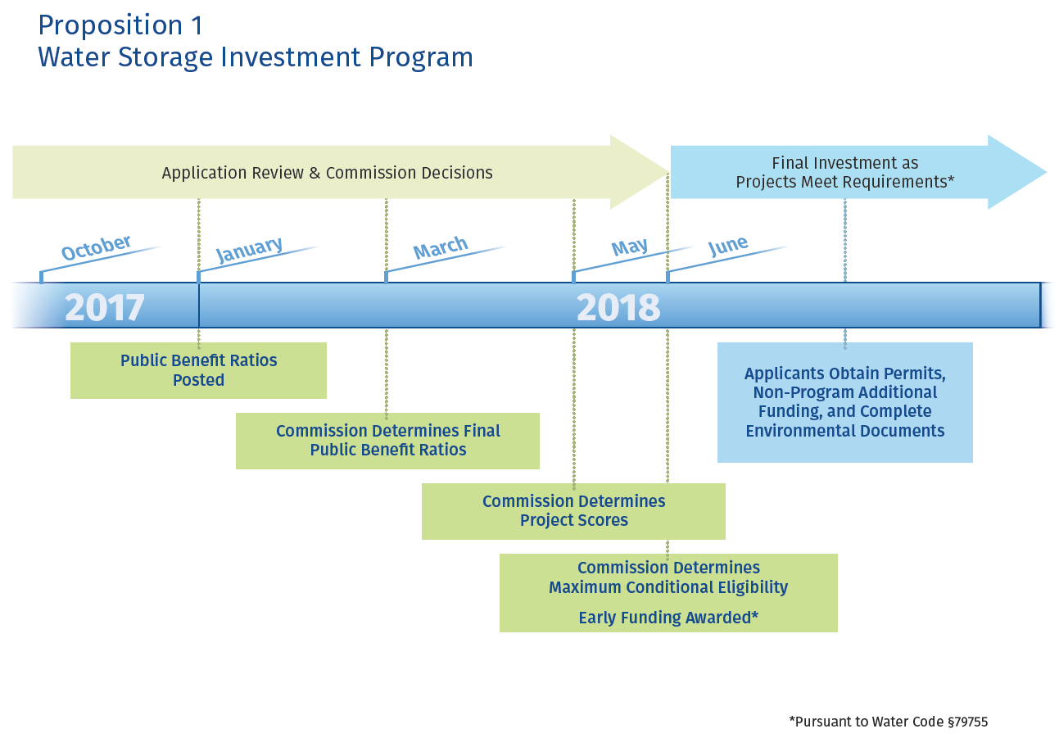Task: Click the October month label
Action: coord(96,247)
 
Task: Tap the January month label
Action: coord(249,249)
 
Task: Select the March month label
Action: coord(441,247)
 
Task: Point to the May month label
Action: coord(630,247)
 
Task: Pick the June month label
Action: coord(728,245)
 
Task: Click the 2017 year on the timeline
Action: coord(105,308)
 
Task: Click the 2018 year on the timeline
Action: coord(618,308)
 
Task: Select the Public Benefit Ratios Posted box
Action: coord(198,370)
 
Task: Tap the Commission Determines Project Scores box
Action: coord(573,511)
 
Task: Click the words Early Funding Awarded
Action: coord(668,618)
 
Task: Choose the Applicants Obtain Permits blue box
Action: coord(844,402)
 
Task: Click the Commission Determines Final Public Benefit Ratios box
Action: coord(387,441)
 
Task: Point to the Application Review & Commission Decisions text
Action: coord(327,173)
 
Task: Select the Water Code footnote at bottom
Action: coord(888,722)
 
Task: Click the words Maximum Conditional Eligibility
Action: coord(668,587)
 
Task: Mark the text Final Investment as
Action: coord(844,163)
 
